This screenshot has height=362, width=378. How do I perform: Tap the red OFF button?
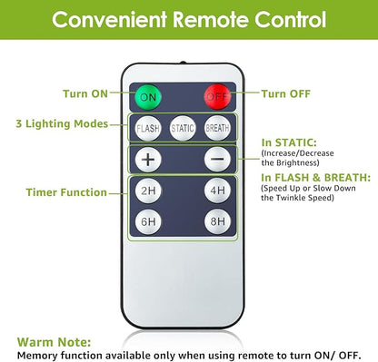click(217, 96)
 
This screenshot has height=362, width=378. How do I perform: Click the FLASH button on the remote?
click(148, 128)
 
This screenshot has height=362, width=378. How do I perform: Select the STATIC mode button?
click(183, 128)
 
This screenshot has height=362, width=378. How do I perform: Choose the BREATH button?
click(217, 128)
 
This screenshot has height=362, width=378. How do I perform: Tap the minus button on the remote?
click(217, 159)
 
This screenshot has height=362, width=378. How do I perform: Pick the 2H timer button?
click(148, 191)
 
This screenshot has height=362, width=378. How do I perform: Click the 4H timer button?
click(217, 191)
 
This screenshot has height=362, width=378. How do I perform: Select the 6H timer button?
click(148, 221)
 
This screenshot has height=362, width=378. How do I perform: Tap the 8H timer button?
click(217, 221)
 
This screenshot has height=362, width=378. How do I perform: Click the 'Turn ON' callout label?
click(85, 93)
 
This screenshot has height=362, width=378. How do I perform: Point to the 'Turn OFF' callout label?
click(286, 93)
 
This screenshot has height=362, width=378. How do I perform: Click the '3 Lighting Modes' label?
click(62, 123)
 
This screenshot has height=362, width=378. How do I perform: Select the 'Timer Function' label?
click(66, 192)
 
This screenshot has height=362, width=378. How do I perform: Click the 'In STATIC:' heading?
click(289, 142)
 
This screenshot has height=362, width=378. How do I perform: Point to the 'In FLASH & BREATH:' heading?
click(316, 178)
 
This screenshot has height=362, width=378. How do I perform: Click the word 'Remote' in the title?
click(211, 20)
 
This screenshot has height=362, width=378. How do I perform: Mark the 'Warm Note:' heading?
click(54, 342)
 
